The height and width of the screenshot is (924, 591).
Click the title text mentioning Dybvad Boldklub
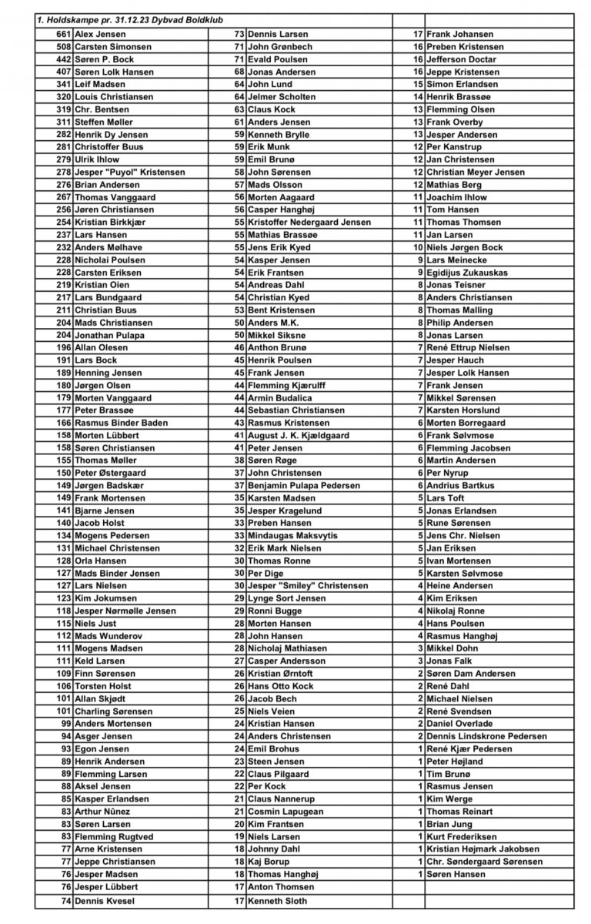click(127, 21)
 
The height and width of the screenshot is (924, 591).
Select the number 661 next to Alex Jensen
click(64, 34)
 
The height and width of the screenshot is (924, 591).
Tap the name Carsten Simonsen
click(112, 46)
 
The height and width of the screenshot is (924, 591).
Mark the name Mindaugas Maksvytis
click(292, 535)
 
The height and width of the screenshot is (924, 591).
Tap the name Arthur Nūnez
click(102, 811)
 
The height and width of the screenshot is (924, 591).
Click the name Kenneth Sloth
click(276, 900)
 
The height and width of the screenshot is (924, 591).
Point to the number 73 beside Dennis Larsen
click(239, 34)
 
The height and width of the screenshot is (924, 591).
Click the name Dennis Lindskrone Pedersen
click(486, 736)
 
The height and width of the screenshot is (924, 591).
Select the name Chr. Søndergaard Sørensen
click(483, 861)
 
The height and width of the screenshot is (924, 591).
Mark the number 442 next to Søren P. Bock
click(64, 59)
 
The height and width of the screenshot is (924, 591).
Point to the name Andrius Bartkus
click(460, 485)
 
